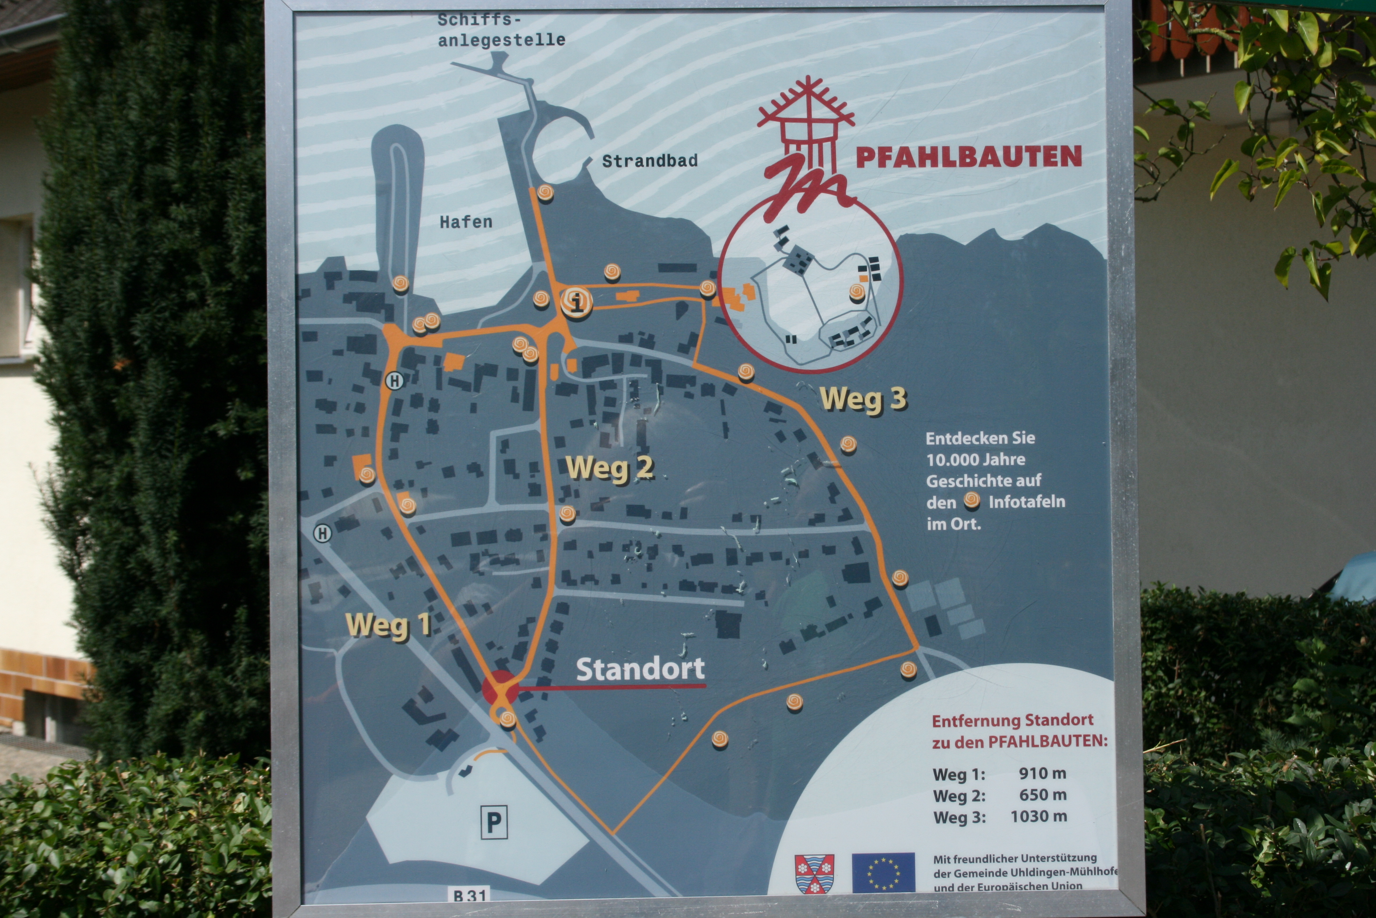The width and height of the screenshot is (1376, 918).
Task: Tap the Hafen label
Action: (x=466, y=222)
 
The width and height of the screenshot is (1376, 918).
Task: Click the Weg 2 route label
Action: (x=609, y=468)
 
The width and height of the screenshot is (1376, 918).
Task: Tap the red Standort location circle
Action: (x=500, y=687)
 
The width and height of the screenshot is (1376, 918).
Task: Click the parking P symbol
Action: (x=494, y=822)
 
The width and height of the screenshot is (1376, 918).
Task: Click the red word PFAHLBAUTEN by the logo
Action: (x=969, y=157)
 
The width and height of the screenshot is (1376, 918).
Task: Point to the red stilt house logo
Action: (x=806, y=146)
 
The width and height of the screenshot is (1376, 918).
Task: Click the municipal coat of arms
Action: (x=814, y=873)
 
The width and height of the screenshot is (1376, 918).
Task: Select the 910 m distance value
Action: (x=1042, y=773)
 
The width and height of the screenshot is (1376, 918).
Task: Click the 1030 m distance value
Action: (x=1038, y=816)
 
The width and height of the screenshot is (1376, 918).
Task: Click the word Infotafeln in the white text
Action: (x=1027, y=502)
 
